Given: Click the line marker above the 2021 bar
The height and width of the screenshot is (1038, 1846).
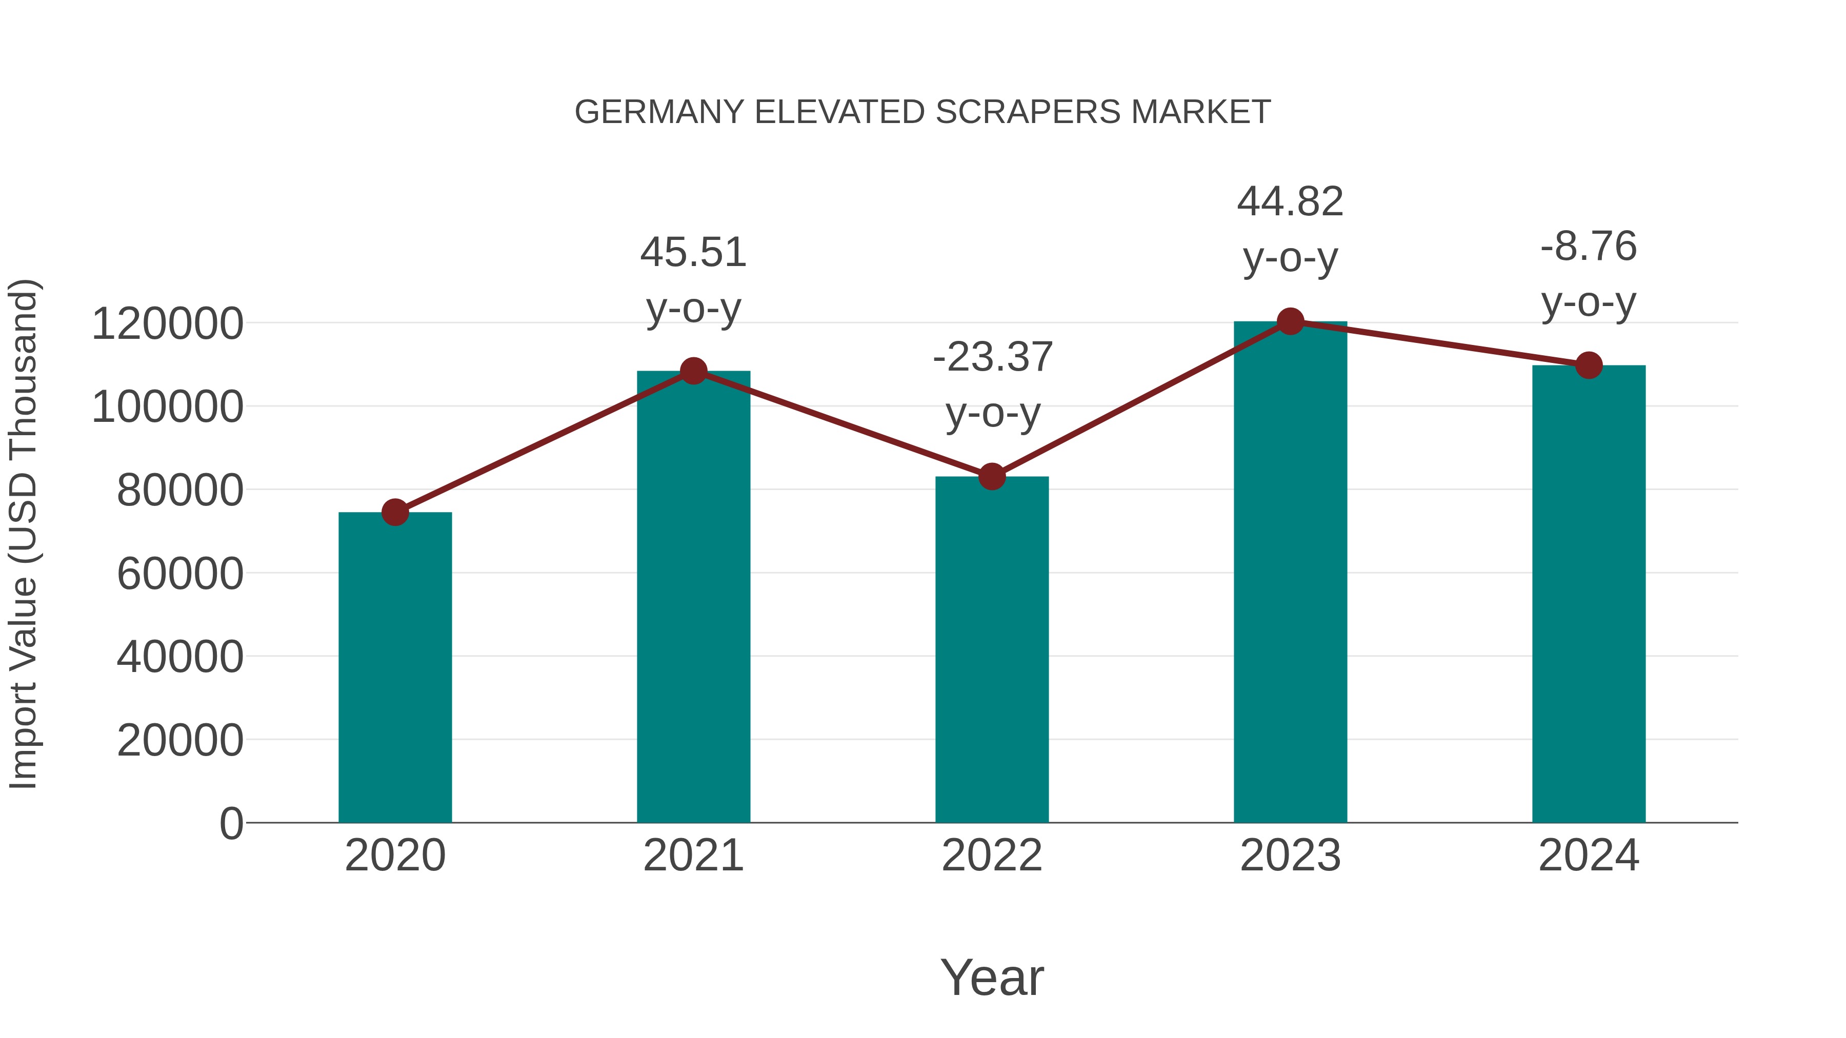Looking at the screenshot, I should click(x=693, y=371).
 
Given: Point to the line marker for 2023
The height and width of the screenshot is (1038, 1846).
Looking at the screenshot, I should click(x=1290, y=321).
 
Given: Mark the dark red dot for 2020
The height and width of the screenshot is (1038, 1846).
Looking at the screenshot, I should click(x=395, y=512).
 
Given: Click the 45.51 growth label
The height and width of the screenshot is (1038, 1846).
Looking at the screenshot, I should click(x=693, y=253).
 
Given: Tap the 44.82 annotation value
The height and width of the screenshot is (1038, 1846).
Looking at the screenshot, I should click(x=1290, y=202).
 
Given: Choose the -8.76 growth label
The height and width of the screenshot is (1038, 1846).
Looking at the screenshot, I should click(x=1589, y=247).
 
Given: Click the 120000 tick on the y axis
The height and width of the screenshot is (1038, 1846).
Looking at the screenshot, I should click(x=168, y=324).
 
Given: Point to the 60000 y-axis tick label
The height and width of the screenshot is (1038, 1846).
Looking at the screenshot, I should click(x=180, y=574).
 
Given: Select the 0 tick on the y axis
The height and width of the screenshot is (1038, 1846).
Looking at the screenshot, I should click(x=231, y=823).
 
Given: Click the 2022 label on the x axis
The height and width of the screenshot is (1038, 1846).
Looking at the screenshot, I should click(x=992, y=856).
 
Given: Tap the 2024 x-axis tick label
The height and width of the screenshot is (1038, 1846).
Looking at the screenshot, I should click(x=1589, y=856).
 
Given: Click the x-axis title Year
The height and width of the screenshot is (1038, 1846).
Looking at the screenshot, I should click(x=992, y=977).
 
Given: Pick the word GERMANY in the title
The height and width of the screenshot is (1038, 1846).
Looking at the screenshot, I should click(x=659, y=112).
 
